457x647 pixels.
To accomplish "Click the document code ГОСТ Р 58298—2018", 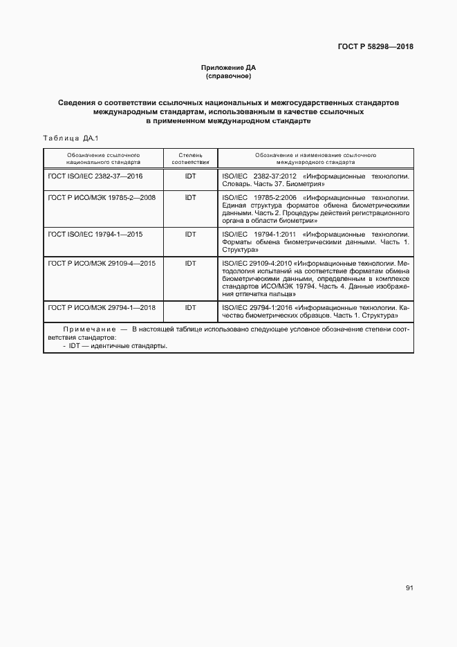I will [x=376, y=47].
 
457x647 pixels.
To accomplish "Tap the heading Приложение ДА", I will [x=228, y=67].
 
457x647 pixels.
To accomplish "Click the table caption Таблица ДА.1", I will [x=71, y=138].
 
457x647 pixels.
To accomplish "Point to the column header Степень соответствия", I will [x=190, y=158].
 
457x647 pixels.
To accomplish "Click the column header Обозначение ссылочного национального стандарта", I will [x=103, y=158].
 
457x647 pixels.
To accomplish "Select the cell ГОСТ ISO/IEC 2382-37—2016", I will [x=95, y=176].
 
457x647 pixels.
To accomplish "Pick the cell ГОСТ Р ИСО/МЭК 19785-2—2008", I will [x=102, y=197].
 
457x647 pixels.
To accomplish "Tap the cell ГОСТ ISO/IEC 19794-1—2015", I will [x=95, y=235].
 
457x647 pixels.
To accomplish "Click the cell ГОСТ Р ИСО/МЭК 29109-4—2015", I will [x=102, y=264].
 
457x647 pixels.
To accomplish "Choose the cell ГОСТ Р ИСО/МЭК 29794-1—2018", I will [x=102, y=307].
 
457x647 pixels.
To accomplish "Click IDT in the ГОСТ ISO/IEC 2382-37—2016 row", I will [x=190, y=176].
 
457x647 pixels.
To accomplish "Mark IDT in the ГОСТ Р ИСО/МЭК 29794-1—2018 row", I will [x=190, y=307].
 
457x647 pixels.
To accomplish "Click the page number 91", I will [x=409, y=588].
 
